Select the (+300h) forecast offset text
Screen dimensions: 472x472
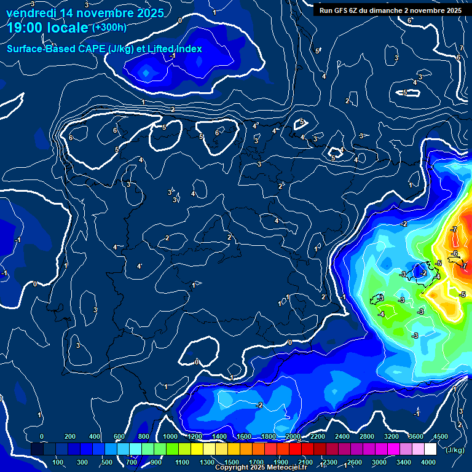pyautogui.click(x=109, y=28)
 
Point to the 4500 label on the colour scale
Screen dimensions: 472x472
pyautogui.click(x=441, y=436)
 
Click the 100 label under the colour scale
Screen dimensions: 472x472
pyautogui.click(x=58, y=462)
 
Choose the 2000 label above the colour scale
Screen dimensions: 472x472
pyautogui.click(x=293, y=436)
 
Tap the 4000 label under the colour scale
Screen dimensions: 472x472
pyautogui.click(x=428, y=462)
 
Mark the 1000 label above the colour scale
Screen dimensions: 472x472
pyautogui.click(x=170, y=436)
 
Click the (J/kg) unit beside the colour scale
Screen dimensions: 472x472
pyautogui.click(x=455, y=450)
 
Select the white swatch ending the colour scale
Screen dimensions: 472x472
pyautogui.click(x=442, y=449)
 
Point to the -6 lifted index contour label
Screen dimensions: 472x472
pyautogui.click(x=454, y=253)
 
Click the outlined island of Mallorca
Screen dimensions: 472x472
pyautogui.click(x=420, y=270)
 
